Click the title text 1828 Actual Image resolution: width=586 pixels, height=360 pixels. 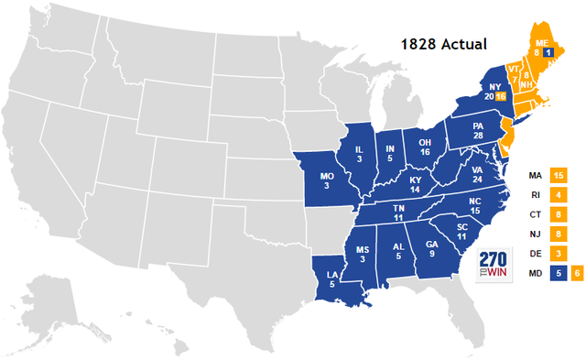447,44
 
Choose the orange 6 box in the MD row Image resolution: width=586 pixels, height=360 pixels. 577,272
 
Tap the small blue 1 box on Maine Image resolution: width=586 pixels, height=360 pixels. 548,53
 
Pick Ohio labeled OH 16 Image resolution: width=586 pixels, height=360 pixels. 425,147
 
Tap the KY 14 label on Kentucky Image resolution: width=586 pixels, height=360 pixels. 417,185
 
